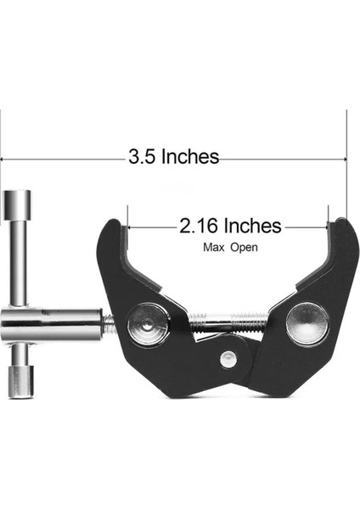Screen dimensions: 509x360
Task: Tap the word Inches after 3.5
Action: (x=190, y=157)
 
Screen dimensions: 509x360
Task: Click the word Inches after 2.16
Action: (x=251, y=227)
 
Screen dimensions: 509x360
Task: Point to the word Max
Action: (x=213, y=248)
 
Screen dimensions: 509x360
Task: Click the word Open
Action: (x=244, y=248)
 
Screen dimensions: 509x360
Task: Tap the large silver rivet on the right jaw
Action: (x=307, y=323)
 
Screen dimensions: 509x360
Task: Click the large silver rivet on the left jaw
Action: (x=149, y=325)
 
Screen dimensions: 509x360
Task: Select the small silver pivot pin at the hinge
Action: (x=227, y=359)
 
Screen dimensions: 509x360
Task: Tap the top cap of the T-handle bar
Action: (x=17, y=204)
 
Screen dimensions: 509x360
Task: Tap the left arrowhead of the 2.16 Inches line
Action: (x=129, y=227)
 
